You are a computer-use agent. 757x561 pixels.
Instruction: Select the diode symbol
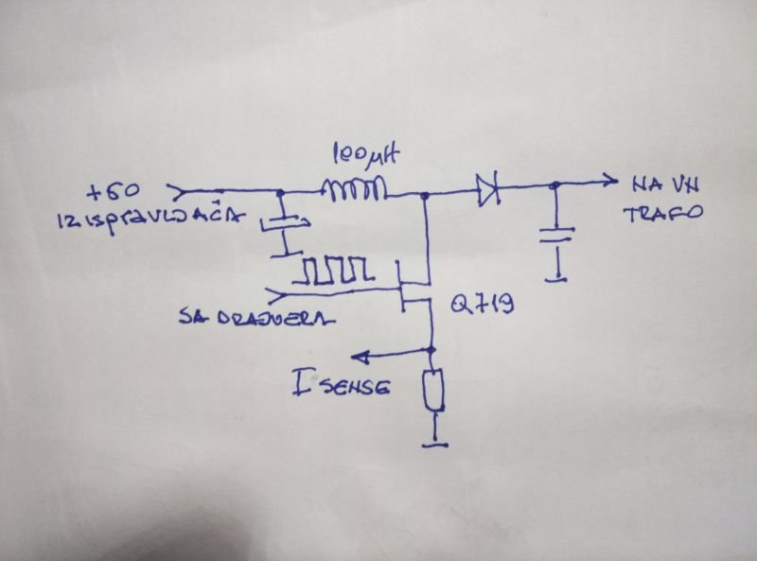(x=487, y=190)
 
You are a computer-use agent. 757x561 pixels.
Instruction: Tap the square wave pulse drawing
(x=330, y=272)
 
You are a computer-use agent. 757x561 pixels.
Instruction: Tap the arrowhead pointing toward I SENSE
(x=359, y=356)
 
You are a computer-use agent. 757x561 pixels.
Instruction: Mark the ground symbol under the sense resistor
(x=434, y=440)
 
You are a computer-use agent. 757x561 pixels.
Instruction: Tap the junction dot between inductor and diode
(x=425, y=196)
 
